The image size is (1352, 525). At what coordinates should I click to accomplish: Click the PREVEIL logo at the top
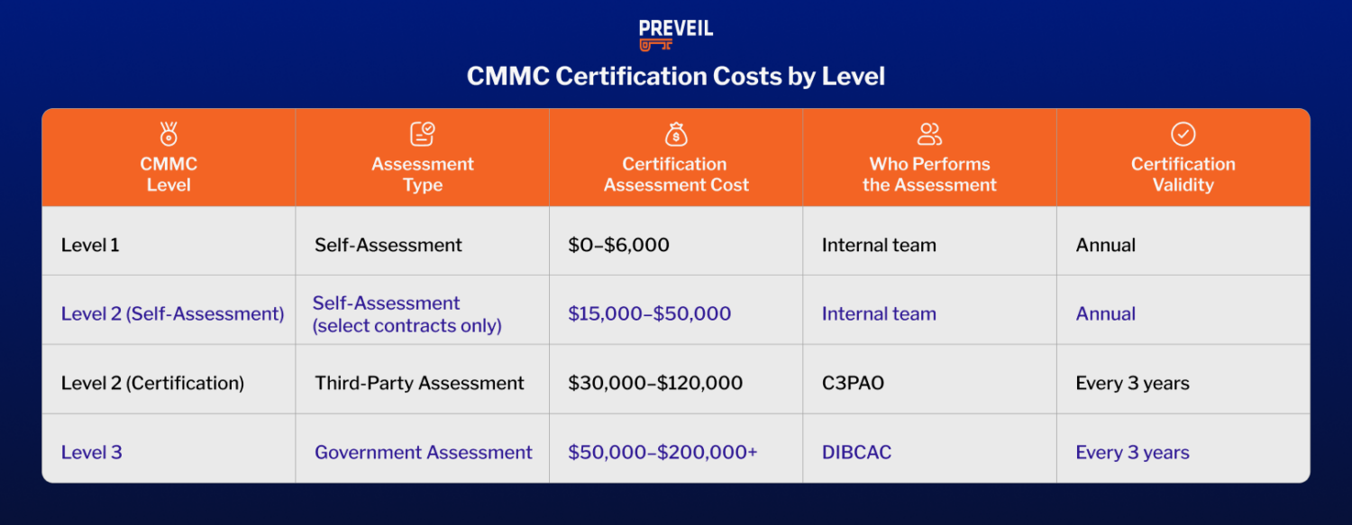click(675, 34)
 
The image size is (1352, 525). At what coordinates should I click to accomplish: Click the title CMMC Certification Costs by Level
click(675, 77)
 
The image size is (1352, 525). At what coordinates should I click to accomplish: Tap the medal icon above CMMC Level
click(169, 134)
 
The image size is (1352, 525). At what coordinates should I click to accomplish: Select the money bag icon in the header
click(676, 134)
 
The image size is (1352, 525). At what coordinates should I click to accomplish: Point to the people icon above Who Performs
click(929, 134)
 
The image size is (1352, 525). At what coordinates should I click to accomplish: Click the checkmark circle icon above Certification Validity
click(1183, 134)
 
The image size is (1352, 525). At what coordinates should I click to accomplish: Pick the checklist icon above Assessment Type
click(422, 134)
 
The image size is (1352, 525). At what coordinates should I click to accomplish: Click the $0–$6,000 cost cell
click(618, 245)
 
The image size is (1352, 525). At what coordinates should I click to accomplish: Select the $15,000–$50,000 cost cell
click(649, 314)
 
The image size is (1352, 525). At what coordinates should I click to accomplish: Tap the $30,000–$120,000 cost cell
click(655, 384)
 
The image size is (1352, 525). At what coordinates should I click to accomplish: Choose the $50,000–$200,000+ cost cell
click(662, 453)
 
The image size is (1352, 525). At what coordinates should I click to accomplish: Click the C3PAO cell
click(853, 384)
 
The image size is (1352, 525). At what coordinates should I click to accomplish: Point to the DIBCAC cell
click(856, 453)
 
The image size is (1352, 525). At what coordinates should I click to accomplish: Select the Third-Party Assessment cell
click(419, 384)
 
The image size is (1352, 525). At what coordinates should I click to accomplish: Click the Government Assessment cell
click(423, 453)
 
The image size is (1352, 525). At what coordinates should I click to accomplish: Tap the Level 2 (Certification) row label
click(152, 384)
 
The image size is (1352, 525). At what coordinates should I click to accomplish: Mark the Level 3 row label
click(91, 453)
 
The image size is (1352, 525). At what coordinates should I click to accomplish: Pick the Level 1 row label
click(90, 245)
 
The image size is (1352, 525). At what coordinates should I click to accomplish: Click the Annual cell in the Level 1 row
click(1105, 245)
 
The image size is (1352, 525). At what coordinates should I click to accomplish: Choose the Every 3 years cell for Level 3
click(1132, 453)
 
